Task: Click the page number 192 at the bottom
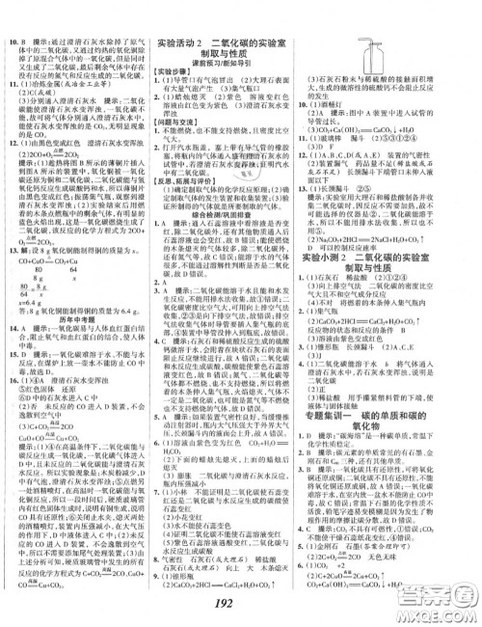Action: coord(241,606)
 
